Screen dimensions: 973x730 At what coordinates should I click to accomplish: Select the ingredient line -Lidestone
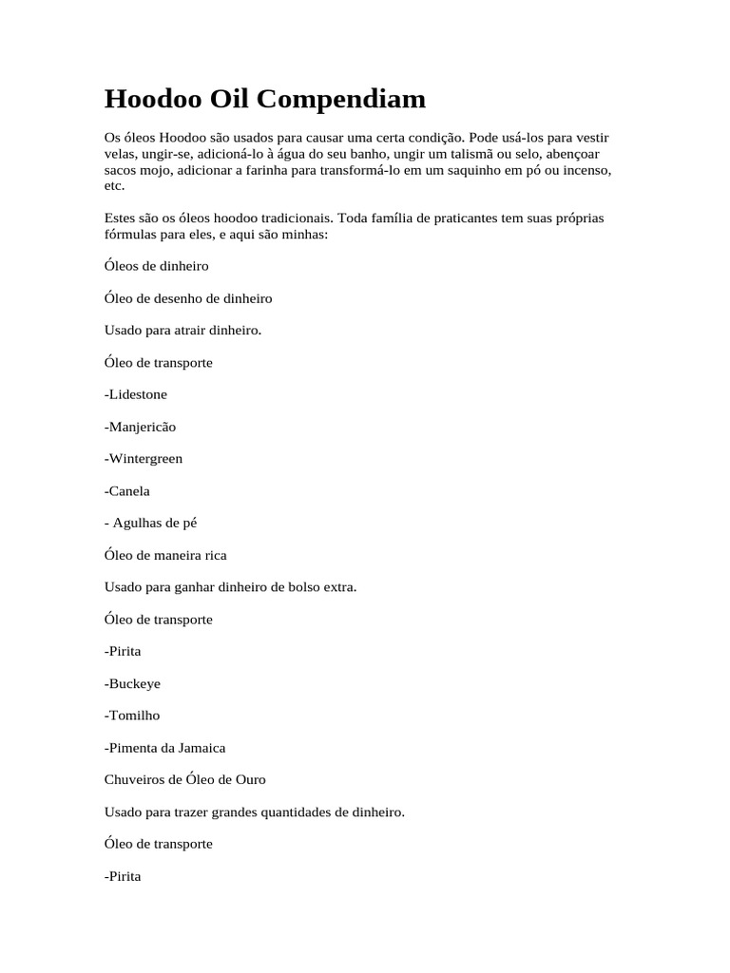click(136, 394)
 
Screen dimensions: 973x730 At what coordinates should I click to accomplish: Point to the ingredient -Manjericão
click(141, 427)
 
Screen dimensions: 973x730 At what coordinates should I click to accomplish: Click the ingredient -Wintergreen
click(144, 459)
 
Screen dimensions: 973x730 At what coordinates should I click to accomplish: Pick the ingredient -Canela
click(127, 491)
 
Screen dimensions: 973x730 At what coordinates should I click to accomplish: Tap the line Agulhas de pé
click(153, 523)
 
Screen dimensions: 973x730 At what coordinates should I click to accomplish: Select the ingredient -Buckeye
click(132, 683)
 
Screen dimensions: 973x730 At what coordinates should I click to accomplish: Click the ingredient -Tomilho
click(132, 715)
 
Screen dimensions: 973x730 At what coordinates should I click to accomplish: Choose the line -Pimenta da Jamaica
click(164, 748)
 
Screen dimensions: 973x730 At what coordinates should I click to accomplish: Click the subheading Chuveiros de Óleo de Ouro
click(185, 780)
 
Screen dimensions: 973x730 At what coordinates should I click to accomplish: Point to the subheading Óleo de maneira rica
click(165, 555)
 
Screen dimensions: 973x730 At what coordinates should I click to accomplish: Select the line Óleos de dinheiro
click(156, 266)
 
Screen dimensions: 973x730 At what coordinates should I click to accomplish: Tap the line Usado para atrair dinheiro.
click(182, 331)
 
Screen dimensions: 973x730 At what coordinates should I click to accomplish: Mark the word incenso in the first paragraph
click(583, 170)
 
